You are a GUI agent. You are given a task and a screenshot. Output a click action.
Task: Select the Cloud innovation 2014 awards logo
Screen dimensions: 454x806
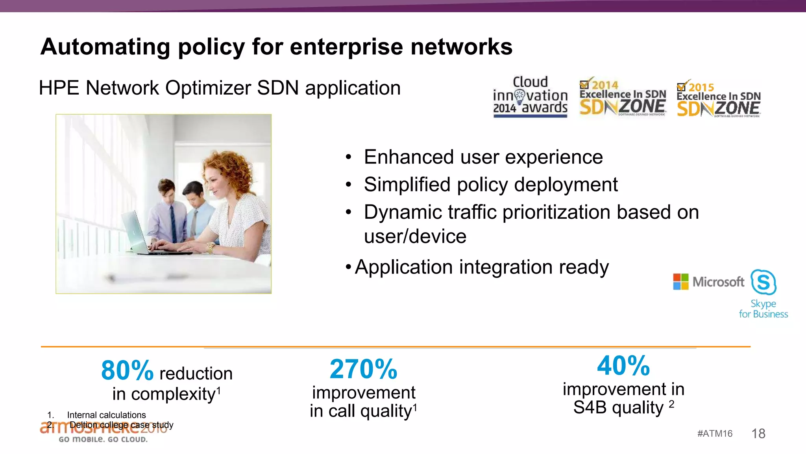530,97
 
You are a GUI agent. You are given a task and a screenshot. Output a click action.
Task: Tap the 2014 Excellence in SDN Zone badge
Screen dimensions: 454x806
623,97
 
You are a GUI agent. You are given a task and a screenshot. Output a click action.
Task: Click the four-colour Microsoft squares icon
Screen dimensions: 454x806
681,282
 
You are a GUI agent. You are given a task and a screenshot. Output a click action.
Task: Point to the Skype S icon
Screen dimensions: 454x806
763,282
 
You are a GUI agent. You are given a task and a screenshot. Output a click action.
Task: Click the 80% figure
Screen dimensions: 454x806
127,370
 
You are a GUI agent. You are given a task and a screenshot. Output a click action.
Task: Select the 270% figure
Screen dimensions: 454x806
363,369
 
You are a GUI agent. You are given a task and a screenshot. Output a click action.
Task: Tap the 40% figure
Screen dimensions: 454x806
623,366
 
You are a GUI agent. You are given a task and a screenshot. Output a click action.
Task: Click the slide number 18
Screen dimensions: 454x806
758,434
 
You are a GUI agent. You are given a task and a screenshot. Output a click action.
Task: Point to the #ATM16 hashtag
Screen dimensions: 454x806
715,434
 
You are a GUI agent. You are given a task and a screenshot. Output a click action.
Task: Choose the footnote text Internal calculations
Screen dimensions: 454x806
106,415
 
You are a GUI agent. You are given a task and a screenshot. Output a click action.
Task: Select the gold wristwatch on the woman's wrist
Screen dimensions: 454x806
211,248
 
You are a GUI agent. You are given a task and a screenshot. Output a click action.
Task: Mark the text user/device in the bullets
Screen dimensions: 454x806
415,236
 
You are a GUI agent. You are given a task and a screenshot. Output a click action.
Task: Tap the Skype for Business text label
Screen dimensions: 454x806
763,309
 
